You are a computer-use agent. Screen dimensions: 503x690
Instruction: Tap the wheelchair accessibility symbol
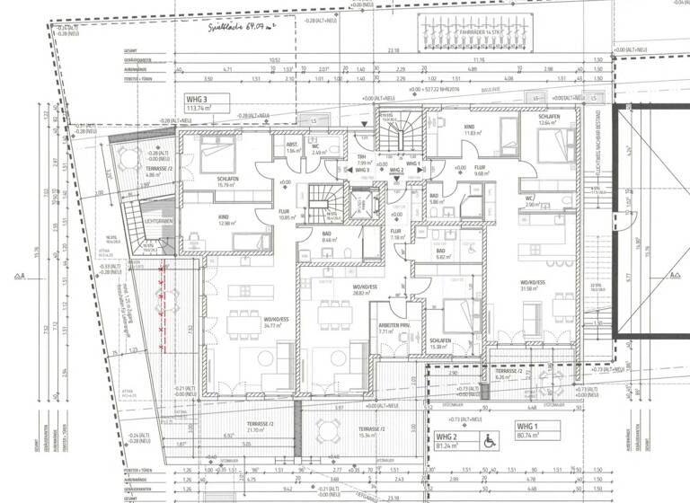(x=491, y=441)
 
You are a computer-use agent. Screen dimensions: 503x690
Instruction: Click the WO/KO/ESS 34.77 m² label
(x=276, y=322)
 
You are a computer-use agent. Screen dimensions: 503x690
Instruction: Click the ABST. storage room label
(x=292, y=148)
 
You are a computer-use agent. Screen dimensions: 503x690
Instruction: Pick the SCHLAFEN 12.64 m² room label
(x=549, y=121)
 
